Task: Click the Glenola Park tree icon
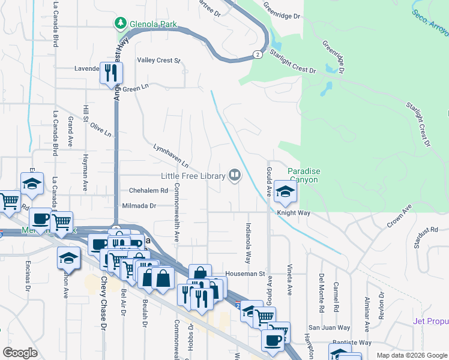(121, 23)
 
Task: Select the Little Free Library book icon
(235, 176)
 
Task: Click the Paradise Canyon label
(304, 175)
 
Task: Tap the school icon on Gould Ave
(285, 191)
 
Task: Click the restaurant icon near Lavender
(111, 73)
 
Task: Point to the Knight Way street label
(294, 213)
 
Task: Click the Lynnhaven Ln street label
(171, 155)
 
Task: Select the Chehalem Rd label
(148, 190)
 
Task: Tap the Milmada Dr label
(139, 205)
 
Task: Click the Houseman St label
(245, 274)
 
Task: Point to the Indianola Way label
(247, 244)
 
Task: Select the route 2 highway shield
(258, 55)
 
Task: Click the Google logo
(20, 353)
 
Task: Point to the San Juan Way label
(329, 328)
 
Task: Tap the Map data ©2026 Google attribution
(411, 355)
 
